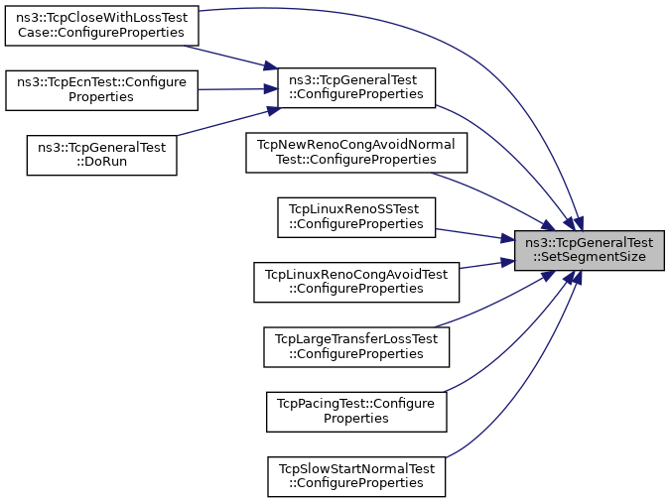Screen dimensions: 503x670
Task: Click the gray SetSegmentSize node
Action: coord(588,249)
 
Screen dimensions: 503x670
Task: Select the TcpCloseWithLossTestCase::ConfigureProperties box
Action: coord(101,25)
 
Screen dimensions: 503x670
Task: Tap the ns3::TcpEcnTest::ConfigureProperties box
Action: coord(101,90)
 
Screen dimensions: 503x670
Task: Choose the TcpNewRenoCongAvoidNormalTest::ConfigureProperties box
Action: coord(356,152)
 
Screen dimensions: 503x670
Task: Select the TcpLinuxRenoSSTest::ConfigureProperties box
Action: coord(356,217)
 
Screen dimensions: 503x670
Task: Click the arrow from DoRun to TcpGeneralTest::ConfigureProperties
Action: coord(228,122)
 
